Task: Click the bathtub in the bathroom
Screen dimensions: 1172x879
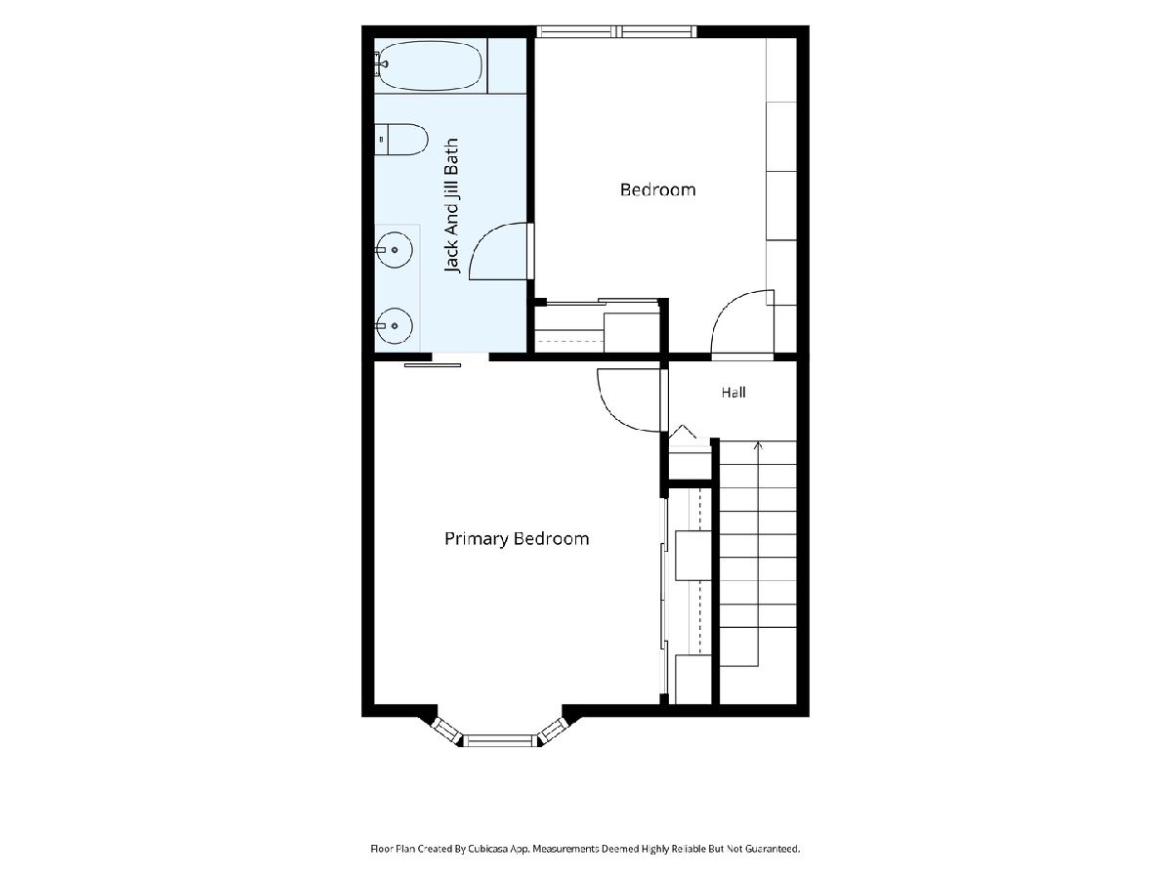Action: pos(431,65)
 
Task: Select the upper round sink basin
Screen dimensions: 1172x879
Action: pos(394,250)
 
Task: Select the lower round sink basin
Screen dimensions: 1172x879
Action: pos(394,325)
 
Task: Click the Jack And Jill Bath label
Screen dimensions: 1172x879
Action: pos(452,205)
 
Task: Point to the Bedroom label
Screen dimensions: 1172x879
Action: pos(658,190)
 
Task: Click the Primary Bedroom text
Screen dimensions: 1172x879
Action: pos(517,539)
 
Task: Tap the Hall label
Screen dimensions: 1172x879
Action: pos(733,393)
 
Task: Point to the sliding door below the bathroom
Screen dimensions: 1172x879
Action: pos(433,365)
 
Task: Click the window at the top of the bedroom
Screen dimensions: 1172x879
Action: pos(616,31)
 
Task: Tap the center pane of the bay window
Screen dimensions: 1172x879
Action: pos(499,740)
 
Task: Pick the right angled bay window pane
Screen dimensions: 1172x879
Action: pos(552,731)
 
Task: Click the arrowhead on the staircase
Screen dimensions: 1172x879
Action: pos(758,444)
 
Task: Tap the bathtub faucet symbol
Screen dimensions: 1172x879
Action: pos(380,63)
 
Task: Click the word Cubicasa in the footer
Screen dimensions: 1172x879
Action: pos(488,849)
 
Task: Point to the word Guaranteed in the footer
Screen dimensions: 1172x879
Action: pos(774,849)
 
